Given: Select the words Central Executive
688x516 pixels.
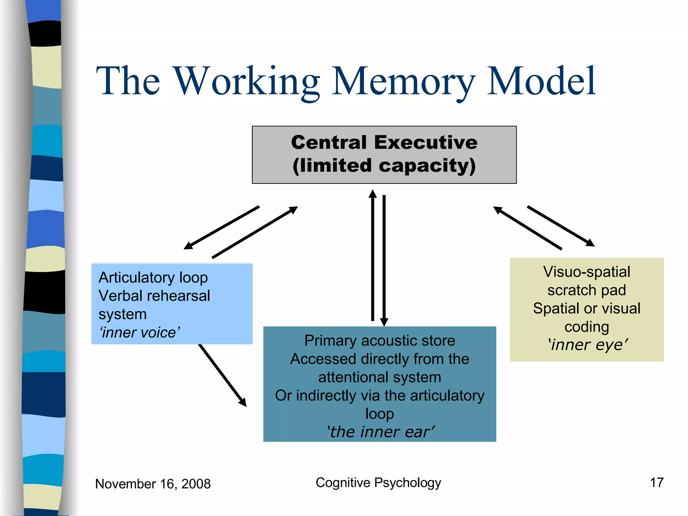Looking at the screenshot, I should click(384, 142).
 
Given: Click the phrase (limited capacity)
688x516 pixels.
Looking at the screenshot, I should click(384, 166).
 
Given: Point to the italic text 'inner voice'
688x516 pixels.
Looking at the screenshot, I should click(139, 333).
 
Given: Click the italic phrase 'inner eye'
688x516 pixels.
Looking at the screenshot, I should click(588, 345).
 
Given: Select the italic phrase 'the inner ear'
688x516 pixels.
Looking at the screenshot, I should click(380, 432).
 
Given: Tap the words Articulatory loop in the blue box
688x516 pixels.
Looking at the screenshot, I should click(153, 277).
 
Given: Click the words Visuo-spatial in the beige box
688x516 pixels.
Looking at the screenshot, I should click(587, 271).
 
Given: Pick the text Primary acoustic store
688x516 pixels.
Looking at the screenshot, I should click(380, 341).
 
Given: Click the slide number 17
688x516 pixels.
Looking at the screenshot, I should click(656, 483).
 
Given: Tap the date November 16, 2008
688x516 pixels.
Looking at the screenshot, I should click(153, 484).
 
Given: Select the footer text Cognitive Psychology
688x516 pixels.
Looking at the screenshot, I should click(378, 483).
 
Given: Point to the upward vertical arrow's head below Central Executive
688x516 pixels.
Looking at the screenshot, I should click(373, 194).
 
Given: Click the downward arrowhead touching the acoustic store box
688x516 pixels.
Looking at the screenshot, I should click(384, 322).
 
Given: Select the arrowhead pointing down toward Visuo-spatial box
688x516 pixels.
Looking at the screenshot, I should click(590, 243).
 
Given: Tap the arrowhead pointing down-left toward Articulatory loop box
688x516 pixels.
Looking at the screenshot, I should click(188, 246).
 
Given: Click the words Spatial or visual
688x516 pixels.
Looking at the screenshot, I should click(587, 308).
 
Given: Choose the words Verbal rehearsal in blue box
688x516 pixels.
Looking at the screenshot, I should click(154, 296).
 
